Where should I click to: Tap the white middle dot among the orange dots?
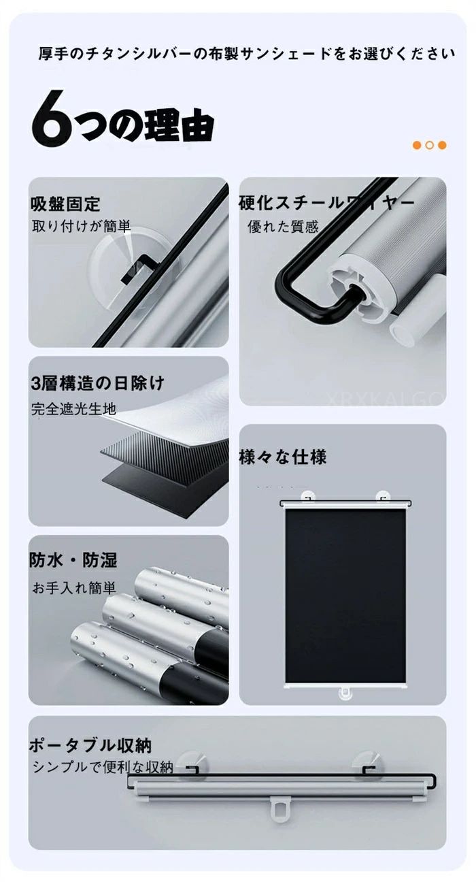[430, 145]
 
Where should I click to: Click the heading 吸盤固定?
[65, 204]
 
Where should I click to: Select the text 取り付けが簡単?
[82, 226]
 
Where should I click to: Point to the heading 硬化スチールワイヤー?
[326, 203]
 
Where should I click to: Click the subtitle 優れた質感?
[283, 227]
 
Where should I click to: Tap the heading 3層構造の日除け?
[97, 383]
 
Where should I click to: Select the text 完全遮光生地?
[73, 409]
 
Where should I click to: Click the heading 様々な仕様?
[283, 457]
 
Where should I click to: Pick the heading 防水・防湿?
[73, 560]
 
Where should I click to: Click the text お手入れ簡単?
[74, 588]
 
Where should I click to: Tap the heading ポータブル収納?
[90, 745]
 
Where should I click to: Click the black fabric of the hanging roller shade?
[345, 595]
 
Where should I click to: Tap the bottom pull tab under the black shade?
[345, 694]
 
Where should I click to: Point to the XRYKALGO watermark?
[386, 399]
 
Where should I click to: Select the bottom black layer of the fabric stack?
[165, 490]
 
